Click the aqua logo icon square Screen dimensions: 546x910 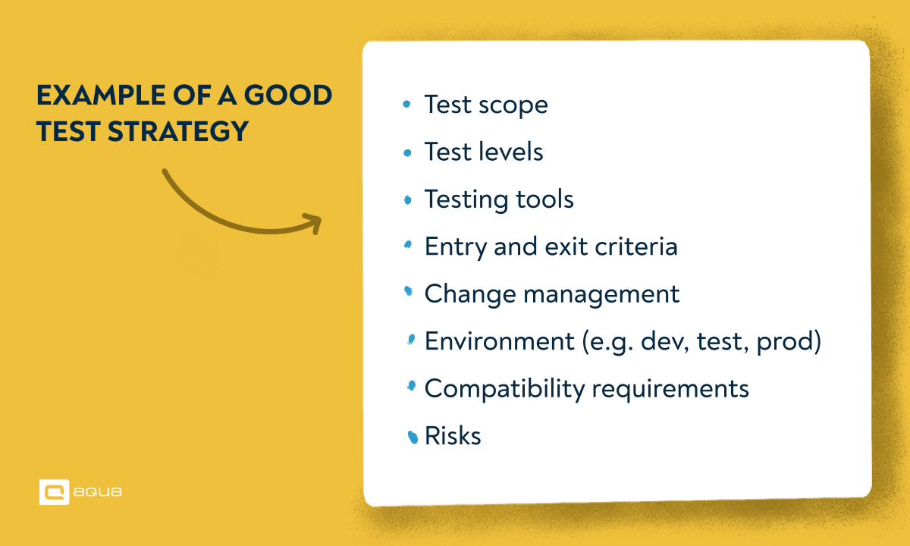pyautogui.click(x=54, y=491)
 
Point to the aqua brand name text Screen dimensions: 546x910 pyautogui.click(x=99, y=492)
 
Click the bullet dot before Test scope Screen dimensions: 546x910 pyautogui.click(x=408, y=105)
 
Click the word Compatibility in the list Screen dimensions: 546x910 pyautogui.click(x=504, y=390)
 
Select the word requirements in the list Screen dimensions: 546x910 pyautogui.click(x=670, y=390)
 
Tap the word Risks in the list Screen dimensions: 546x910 pyautogui.click(x=453, y=436)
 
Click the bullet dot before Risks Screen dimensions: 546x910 pyautogui.click(x=413, y=437)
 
